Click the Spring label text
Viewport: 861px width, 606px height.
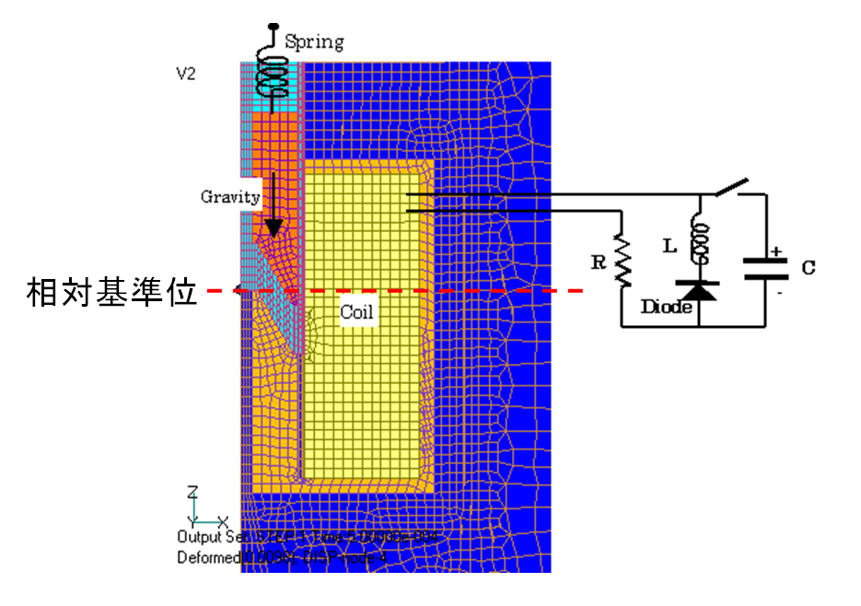(x=314, y=41)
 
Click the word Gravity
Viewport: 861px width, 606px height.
(x=231, y=196)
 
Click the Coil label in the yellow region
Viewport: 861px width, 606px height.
(x=356, y=312)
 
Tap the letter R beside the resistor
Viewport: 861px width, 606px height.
(x=599, y=262)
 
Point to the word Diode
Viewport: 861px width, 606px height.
(x=666, y=307)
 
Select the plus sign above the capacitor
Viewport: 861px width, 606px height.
(x=775, y=250)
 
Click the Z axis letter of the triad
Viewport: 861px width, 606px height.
(x=192, y=492)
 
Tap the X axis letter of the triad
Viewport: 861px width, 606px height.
(x=223, y=521)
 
